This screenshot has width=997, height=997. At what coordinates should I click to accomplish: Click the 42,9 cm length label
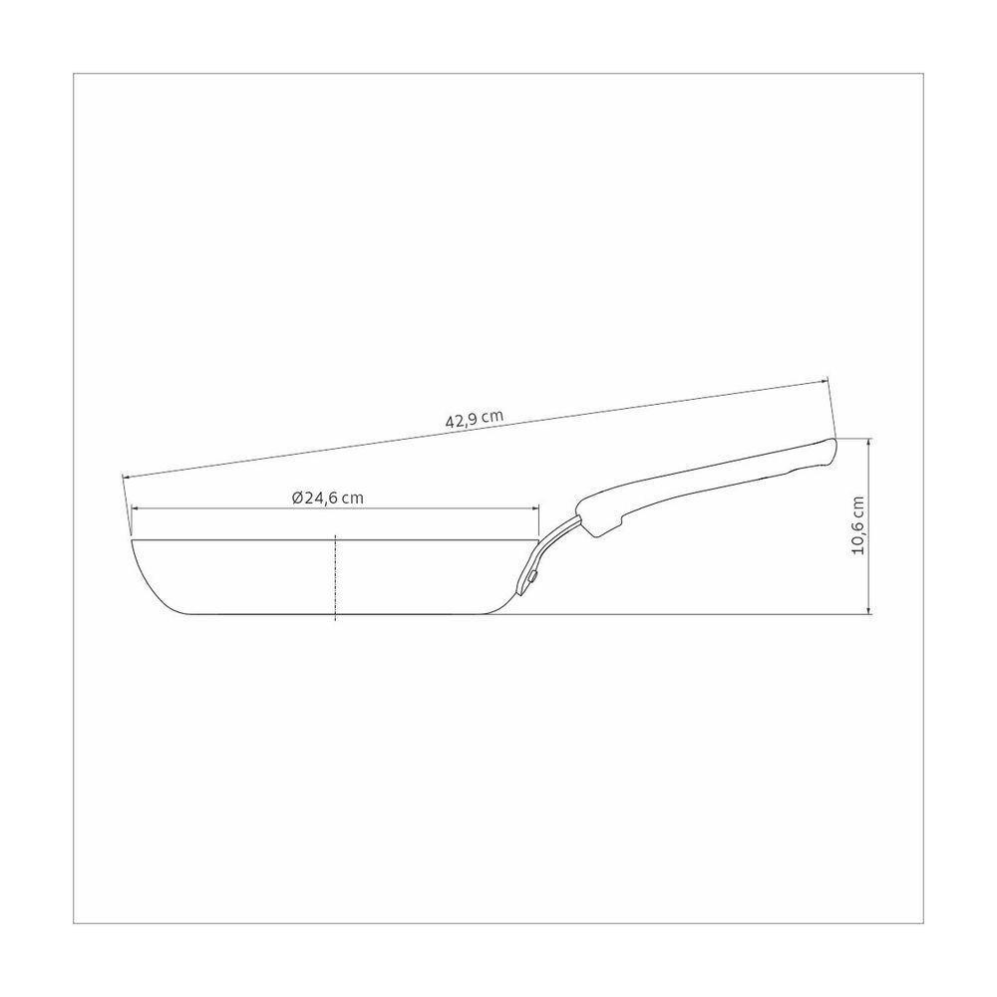(474, 419)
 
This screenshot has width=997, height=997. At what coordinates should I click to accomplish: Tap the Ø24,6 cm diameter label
(328, 498)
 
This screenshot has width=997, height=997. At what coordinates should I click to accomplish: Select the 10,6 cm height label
(858, 525)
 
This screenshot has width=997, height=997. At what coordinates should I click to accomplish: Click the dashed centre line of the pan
(335, 576)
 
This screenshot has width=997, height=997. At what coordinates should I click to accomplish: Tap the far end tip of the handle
(834, 440)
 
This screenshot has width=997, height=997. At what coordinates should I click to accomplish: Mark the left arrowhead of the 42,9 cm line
(126, 477)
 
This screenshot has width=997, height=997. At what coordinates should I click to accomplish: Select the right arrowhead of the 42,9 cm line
(823, 382)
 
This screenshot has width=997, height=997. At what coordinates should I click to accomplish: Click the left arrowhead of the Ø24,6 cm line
(136, 508)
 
